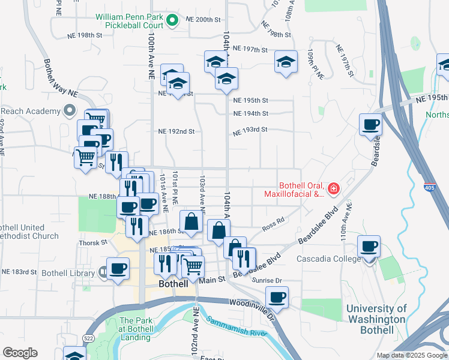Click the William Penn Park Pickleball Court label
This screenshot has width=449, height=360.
(129, 22)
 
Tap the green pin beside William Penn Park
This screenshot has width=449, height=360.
(172, 22)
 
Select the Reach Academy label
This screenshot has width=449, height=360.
(31, 111)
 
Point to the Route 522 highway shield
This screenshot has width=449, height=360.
(88, 340)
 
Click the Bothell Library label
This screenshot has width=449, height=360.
(69, 274)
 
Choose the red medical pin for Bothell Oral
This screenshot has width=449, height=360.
(333, 190)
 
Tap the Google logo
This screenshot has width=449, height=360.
(20, 353)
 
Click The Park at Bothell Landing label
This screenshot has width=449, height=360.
(136, 329)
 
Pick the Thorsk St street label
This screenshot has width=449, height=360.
(92, 243)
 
